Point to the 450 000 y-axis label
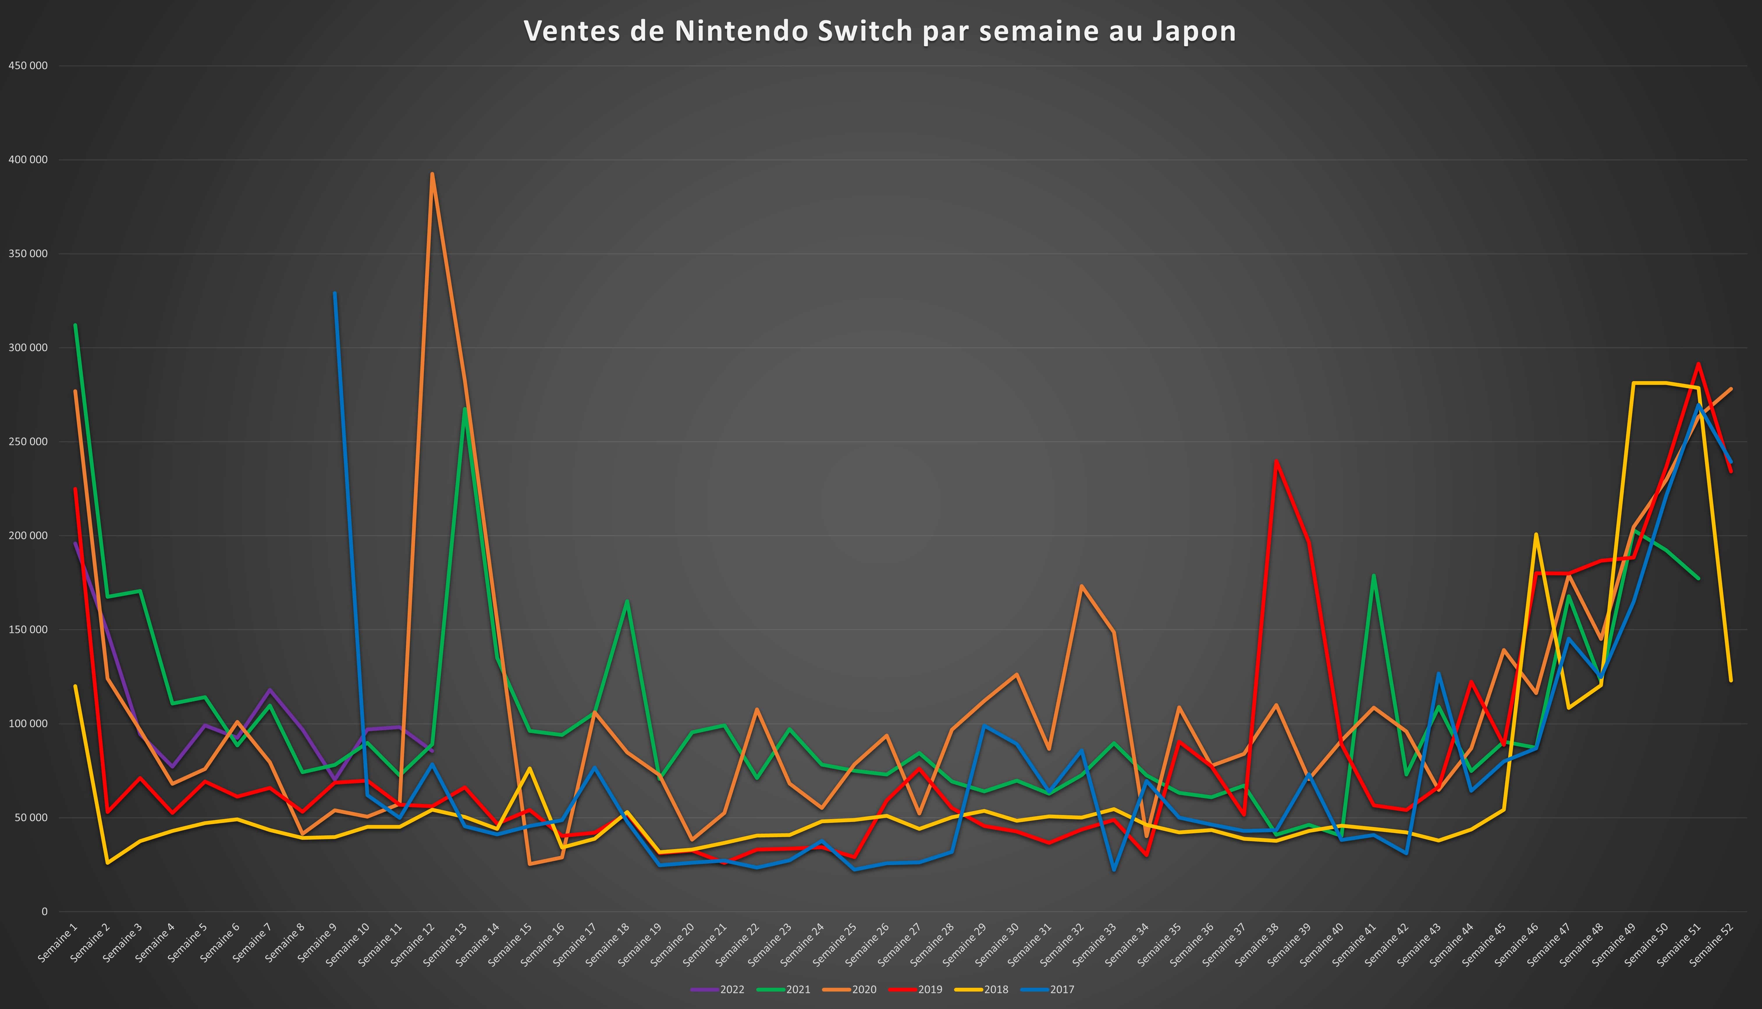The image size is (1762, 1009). (29, 66)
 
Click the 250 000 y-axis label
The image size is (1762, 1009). (29, 442)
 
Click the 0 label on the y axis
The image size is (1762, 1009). (44, 911)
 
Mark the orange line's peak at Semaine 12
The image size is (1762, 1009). (432, 174)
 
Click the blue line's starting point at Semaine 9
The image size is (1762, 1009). (335, 293)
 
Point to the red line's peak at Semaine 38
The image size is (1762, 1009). (1276, 461)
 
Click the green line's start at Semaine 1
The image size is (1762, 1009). (75, 325)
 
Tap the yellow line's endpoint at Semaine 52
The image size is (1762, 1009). (1731, 681)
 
